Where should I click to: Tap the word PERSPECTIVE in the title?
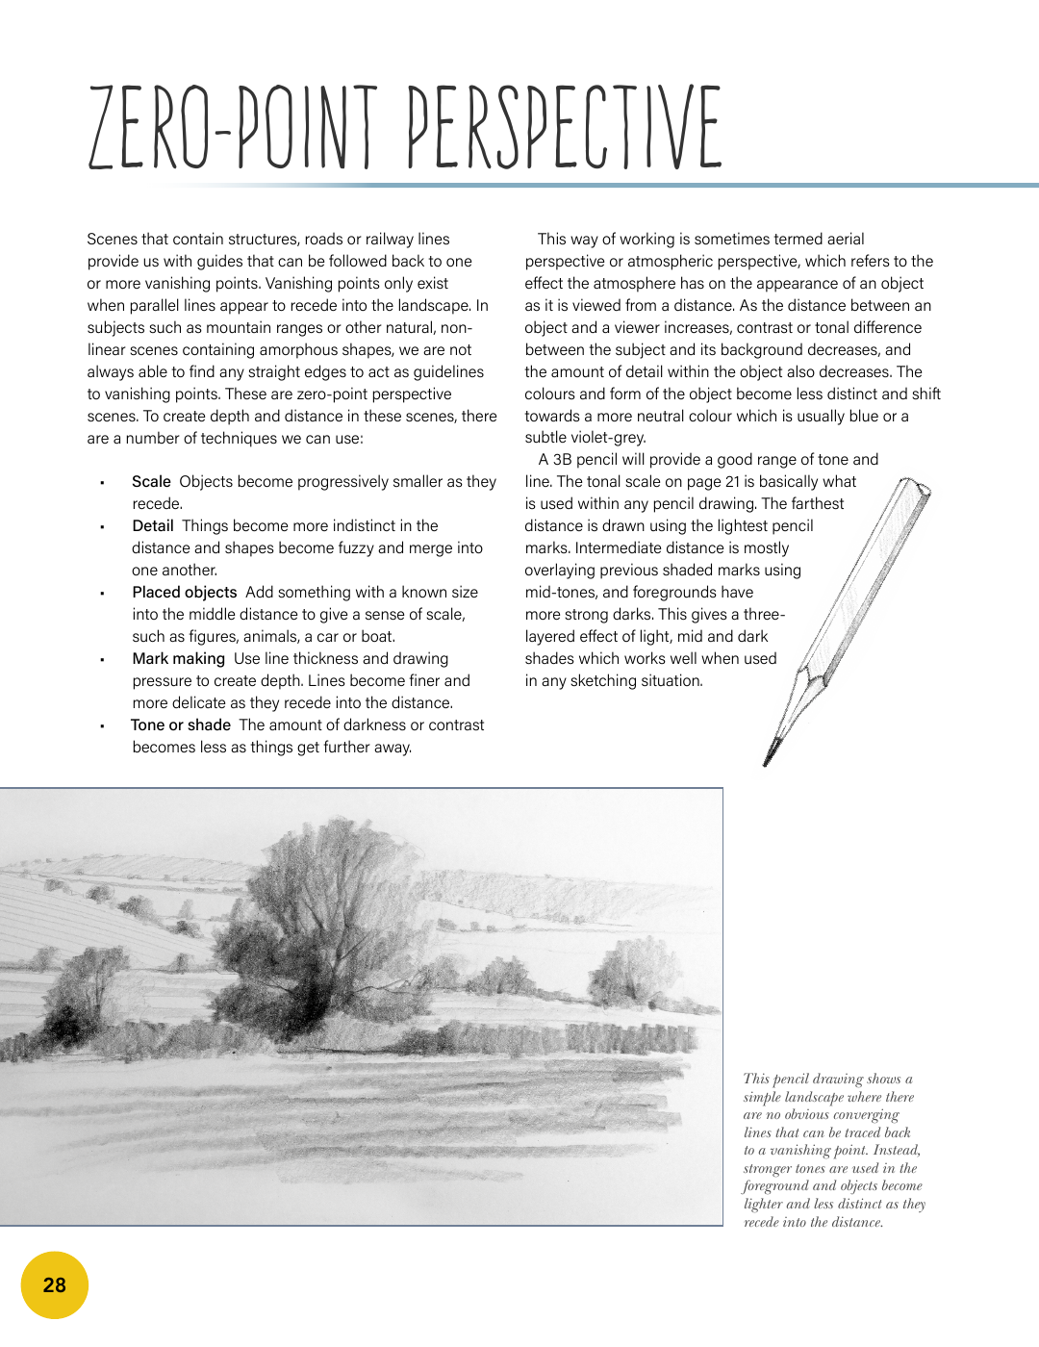coord(565,128)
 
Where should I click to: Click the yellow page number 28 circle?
coord(55,1285)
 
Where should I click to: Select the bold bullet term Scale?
coord(151,482)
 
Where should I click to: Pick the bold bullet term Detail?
coord(153,526)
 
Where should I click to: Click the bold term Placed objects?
coord(185,593)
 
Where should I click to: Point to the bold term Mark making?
coord(179,659)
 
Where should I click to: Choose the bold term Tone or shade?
coord(181,725)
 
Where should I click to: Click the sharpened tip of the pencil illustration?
coord(768,760)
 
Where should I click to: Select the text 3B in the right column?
coord(563,460)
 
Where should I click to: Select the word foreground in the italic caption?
coord(776,1186)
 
